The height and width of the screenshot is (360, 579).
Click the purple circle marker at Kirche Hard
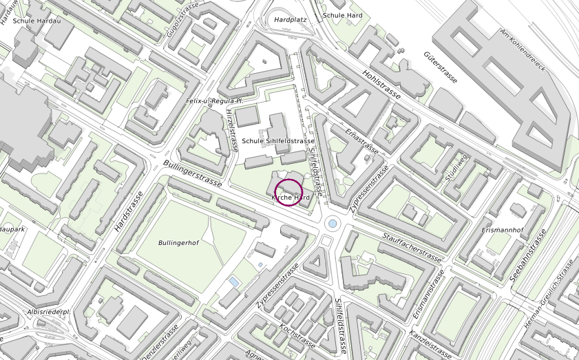[288, 192]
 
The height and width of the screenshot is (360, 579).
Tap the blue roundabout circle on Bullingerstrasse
[333, 223]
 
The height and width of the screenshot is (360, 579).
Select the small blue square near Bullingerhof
[235, 282]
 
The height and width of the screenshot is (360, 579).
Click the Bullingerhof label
[178, 243]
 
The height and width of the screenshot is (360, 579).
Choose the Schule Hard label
[343, 14]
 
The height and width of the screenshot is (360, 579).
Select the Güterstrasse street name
[441, 67]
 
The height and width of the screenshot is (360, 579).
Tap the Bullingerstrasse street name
[193, 173]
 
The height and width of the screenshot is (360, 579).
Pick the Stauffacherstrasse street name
[412, 246]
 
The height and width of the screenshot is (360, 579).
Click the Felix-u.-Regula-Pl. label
[215, 101]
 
